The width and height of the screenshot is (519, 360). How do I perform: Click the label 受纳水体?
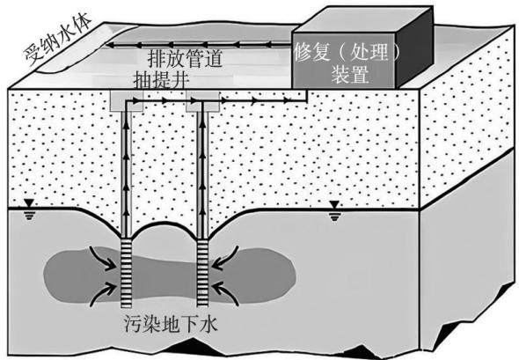(x=58, y=40)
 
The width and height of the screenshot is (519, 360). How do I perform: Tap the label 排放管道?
(x=185, y=59)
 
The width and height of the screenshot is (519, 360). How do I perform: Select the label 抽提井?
(x=162, y=80)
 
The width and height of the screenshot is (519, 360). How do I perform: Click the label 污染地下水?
(x=172, y=324)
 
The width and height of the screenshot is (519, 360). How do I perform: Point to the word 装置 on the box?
(x=350, y=74)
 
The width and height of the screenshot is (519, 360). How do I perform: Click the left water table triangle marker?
(x=29, y=202)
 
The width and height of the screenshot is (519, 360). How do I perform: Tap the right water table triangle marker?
(x=334, y=205)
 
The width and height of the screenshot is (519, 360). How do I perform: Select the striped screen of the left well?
(x=126, y=273)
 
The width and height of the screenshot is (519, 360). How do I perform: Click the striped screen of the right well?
(x=202, y=273)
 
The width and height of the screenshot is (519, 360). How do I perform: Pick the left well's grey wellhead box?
(x=126, y=100)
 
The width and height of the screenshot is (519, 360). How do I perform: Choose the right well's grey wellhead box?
(x=202, y=101)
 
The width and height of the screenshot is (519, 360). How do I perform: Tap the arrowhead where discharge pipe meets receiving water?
(x=109, y=45)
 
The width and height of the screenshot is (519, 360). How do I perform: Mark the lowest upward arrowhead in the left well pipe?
(x=126, y=212)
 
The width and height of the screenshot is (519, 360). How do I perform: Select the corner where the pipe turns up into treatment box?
(x=306, y=100)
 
